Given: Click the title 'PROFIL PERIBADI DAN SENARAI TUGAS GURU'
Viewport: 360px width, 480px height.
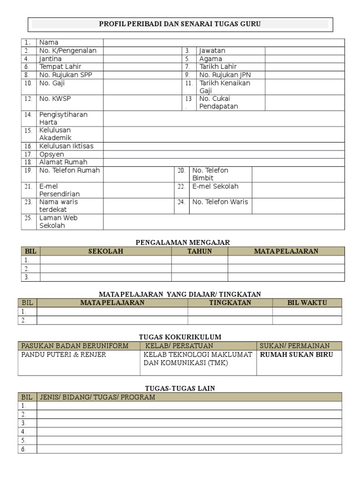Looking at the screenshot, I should pos(180,24).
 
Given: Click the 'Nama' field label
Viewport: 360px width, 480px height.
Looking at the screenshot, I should pos(49,43).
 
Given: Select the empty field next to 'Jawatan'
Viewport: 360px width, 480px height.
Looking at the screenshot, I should pos(305,51).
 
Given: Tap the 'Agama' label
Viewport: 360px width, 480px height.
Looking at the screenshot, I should pos(210,59).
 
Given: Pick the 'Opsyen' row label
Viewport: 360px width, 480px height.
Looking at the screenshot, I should pos(52,154).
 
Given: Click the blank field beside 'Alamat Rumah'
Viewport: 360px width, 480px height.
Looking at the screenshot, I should pos(224,162).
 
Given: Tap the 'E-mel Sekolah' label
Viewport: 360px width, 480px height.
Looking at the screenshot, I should pos(215,187).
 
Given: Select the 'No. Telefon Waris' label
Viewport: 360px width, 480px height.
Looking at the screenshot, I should pos(220,202).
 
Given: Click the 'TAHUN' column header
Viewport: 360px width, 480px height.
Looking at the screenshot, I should pos(200,251).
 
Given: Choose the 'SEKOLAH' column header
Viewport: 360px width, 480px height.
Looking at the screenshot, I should pos(105,251).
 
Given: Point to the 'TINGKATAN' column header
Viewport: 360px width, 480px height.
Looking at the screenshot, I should pos(230,303).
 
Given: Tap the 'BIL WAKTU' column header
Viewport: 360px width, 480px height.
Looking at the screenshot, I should pos(307,303).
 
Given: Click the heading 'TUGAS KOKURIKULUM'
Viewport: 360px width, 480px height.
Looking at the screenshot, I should pos(180,337).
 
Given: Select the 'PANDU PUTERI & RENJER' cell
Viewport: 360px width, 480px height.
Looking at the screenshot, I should pos(64,355).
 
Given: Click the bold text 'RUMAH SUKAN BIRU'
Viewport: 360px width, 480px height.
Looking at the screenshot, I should pos(297,355).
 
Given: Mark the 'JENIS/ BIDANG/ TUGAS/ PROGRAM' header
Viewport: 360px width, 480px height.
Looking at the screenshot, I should pos(97,397).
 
